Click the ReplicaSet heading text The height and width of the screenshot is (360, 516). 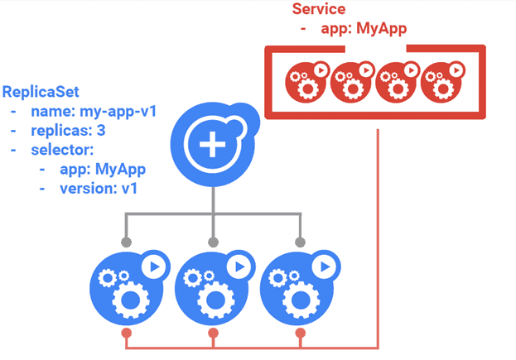pos(42,91)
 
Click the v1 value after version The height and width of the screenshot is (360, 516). pos(128,189)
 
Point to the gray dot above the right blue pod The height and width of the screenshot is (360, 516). pos(299,242)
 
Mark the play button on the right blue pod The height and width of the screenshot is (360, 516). pos(323,266)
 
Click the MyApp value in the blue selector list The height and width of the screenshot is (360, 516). pos(117,170)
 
